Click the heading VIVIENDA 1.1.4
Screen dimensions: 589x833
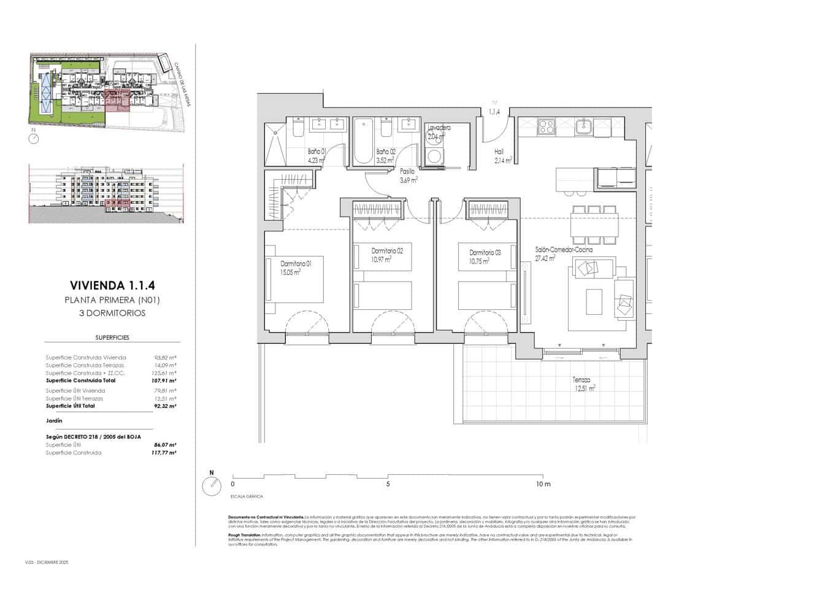pyautogui.click(x=112, y=285)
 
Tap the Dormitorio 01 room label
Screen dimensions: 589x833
pyautogui.click(x=292, y=263)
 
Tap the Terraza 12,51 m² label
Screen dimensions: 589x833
pyautogui.click(x=583, y=384)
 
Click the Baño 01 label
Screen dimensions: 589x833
pyautogui.click(x=317, y=152)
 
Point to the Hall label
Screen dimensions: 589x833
pyautogui.click(x=499, y=152)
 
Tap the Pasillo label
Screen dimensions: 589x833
pyautogui.click(x=407, y=172)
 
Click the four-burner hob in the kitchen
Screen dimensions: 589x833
pyautogui.click(x=546, y=127)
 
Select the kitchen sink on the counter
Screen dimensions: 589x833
pyautogui.click(x=583, y=127)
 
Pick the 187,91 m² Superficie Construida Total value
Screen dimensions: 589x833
pyautogui.click(x=165, y=380)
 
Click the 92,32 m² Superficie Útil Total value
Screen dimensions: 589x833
pyautogui.click(x=165, y=406)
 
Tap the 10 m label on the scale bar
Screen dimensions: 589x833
pyautogui.click(x=543, y=484)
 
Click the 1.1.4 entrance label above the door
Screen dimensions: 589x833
pyautogui.click(x=494, y=112)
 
